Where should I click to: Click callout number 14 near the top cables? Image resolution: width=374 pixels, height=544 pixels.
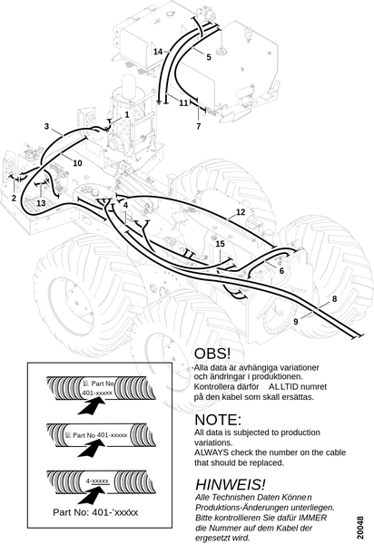pyautogui.click(x=158, y=52)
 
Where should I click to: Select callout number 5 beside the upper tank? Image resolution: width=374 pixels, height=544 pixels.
pyautogui.click(x=209, y=57)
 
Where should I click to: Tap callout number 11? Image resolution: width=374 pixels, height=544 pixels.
pyautogui.click(x=183, y=103)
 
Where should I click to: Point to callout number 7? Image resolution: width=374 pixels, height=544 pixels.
pyautogui.click(x=198, y=126)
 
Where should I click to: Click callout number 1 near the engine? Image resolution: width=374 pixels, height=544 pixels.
pyautogui.click(x=127, y=114)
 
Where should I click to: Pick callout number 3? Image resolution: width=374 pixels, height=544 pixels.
pyautogui.click(x=47, y=126)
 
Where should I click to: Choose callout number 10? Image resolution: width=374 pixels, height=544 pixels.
pyautogui.click(x=77, y=162)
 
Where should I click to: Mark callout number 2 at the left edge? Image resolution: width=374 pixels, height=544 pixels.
pyautogui.click(x=14, y=198)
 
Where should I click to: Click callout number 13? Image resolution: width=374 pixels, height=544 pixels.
pyautogui.click(x=41, y=203)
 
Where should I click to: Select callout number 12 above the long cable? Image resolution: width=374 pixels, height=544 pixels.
pyautogui.click(x=241, y=212)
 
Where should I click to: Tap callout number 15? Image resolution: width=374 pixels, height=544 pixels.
pyautogui.click(x=221, y=244)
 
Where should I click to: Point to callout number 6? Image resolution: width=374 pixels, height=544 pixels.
pyautogui.click(x=281, y=270)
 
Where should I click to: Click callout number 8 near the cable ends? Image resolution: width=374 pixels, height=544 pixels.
pyautogui.click(x=334, y=299)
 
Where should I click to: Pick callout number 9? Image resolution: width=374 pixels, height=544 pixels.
pyautogui.click(x=296, y=322)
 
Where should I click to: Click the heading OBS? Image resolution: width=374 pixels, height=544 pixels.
pyautogui.click(x=212, y=354)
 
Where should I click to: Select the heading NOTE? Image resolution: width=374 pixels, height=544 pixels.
pyautogui.click(x=218, y=420)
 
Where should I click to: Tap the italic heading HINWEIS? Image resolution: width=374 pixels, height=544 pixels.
pyautogui.click(x=231, y=484)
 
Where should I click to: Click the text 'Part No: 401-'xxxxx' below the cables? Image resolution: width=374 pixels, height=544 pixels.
pyautogui.click(x=95, y=512)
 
